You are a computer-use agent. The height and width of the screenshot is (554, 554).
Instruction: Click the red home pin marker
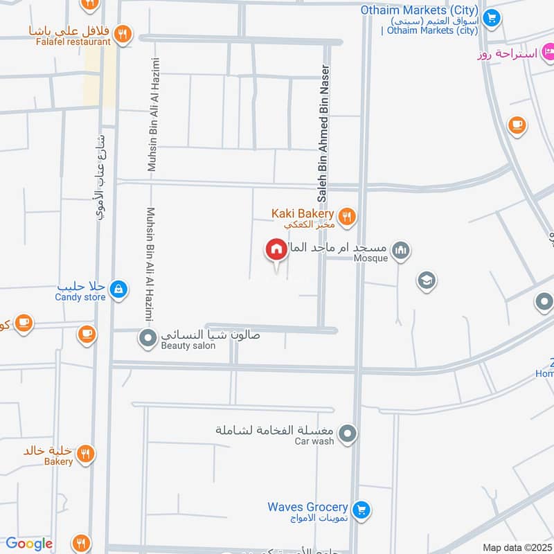coord(276,249)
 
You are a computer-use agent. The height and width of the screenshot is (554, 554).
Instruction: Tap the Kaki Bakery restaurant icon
coord(348,217)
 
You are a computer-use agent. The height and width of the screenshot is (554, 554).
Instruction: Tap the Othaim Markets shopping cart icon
coord(492,19)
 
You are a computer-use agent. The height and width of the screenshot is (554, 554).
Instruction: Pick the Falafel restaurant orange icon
coord(123,33)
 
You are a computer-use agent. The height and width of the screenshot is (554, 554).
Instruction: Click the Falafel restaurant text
coord(69,42)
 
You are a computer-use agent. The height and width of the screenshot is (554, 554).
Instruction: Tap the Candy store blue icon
coord(118,289)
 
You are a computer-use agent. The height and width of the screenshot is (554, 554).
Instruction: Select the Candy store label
coord(80,297)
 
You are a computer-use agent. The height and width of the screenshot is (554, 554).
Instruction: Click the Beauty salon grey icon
coord(148,339)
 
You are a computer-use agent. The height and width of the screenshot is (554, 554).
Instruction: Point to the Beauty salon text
coord(188,346)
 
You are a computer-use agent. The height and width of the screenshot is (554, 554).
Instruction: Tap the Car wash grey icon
coord(348,434)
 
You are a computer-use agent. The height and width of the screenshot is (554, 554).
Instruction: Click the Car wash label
coord(314,441)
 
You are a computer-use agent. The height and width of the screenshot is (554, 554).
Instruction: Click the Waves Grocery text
coord(307,507)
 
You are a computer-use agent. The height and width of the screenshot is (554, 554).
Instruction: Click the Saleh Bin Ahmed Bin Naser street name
coord(322,128)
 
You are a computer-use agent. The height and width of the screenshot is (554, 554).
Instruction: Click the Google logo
coord(29,544)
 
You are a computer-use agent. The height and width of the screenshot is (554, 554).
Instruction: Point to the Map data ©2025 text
coord(516,547)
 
